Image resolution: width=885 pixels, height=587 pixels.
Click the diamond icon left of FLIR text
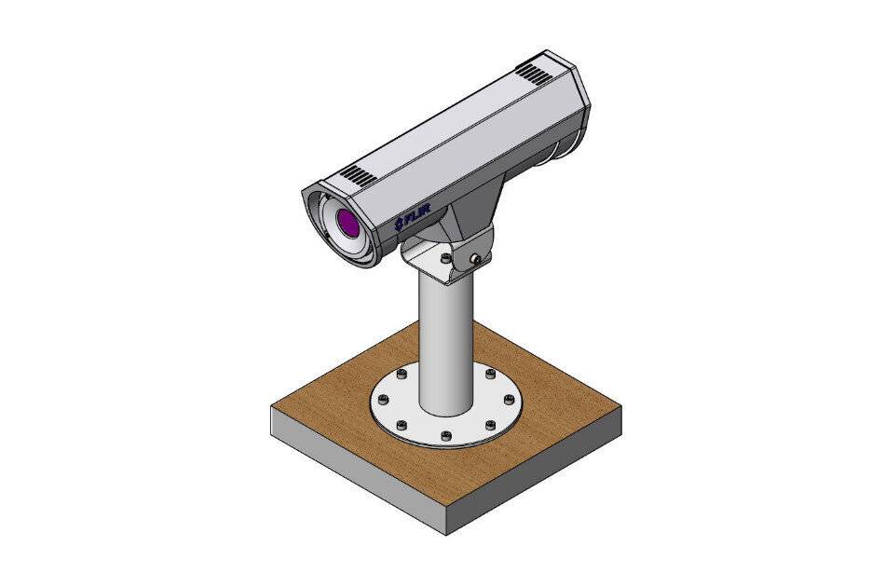[397, 223]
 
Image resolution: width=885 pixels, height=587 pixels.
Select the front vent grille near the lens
[355, 174]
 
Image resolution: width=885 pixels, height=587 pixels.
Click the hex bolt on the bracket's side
[475, 258]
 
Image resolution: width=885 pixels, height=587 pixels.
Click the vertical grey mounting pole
[444, 345]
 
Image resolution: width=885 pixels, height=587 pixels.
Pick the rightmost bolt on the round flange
[509, 401]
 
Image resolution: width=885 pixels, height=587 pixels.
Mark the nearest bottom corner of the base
[445, 532]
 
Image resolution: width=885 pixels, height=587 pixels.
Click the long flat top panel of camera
[447, 121]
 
